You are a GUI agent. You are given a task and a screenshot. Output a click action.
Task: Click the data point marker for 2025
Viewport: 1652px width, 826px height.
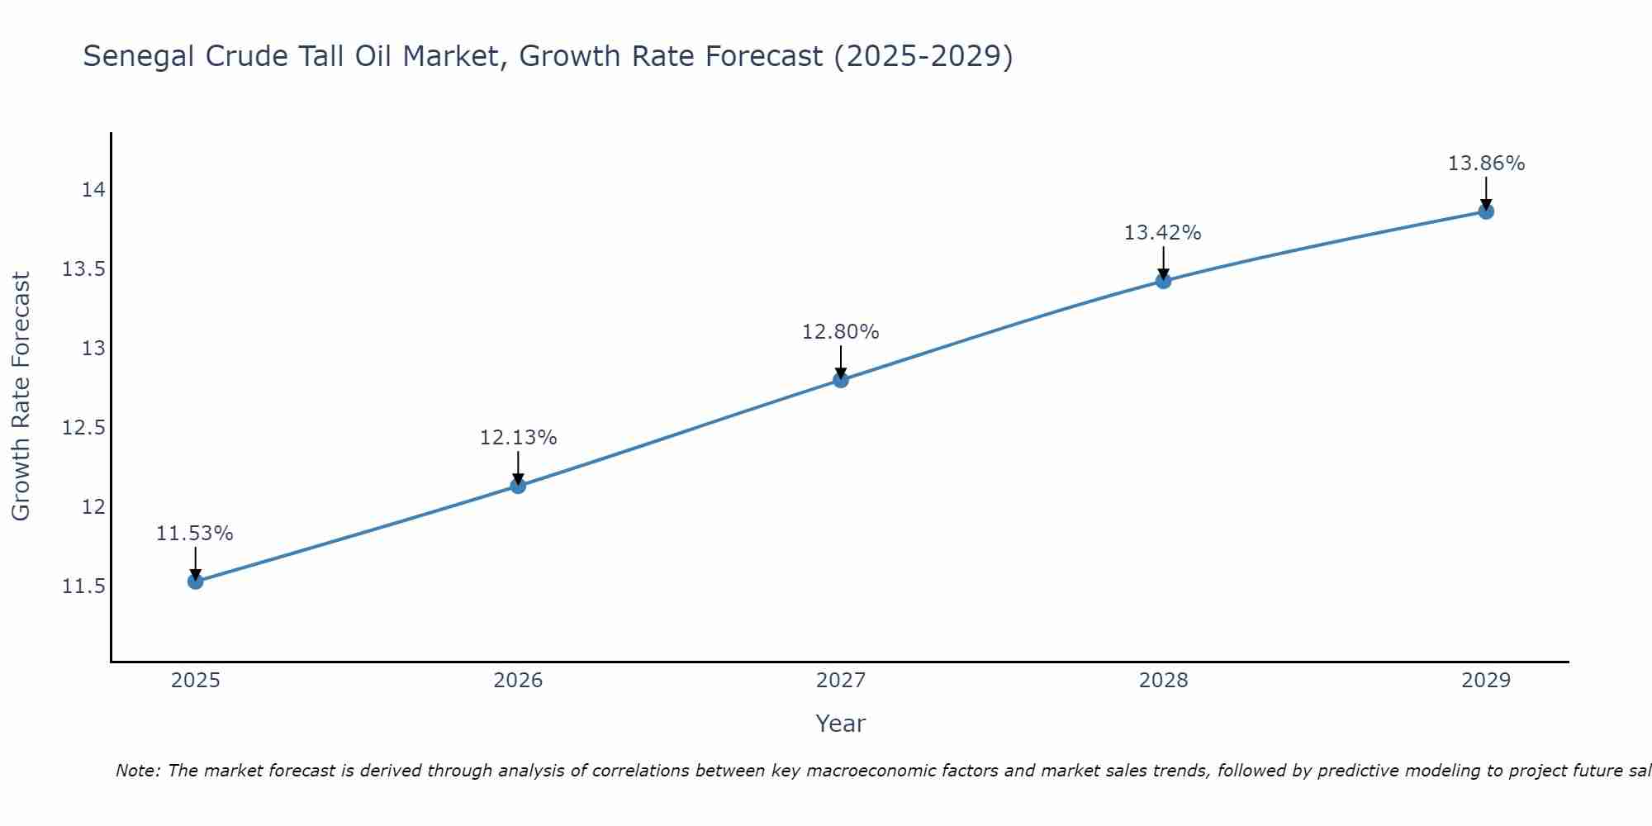tap(195, 582)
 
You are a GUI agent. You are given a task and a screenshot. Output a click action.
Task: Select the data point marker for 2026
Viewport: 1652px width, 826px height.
tap(518, 486)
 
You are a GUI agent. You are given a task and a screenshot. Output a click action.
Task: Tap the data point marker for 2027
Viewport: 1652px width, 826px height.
tap(841, 380)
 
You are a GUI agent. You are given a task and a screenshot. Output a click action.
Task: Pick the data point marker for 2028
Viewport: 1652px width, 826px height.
tap(1163, 281)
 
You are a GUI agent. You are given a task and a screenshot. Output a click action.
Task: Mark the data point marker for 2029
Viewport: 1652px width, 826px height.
tap(1486, 211)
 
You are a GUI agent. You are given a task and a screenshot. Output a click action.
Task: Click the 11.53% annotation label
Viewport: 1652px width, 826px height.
tap(195, 534)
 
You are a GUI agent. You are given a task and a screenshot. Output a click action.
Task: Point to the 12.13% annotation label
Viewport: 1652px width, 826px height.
tap(518, 438)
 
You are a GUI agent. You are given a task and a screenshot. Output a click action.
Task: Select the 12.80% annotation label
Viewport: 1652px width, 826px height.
tap(841, 332)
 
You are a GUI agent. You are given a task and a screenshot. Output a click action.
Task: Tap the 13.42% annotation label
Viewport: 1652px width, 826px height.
tap(1163, 233)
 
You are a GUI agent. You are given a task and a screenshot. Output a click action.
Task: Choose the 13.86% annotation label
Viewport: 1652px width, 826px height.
tap(1486, 164)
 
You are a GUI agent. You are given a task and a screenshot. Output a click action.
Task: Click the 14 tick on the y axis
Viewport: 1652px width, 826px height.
tap(93, 190)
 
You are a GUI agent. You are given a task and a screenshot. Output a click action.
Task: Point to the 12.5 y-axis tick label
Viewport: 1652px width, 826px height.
tap(84, 428)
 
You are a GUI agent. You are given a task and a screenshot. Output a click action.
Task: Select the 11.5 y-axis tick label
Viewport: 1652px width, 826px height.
tap(84, 586)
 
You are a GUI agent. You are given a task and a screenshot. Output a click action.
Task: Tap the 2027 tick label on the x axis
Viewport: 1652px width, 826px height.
tap(841, 681)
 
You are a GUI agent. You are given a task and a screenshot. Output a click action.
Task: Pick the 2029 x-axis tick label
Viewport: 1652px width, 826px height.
tap(1486, 681)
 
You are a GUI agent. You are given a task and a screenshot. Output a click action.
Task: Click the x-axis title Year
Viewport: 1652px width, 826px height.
tap(841, 724)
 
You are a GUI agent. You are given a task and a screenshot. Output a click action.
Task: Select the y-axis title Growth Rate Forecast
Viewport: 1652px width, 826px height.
tap(21, 396)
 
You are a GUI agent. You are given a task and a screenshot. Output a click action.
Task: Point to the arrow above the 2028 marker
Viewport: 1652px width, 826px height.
tap(1163, 263)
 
